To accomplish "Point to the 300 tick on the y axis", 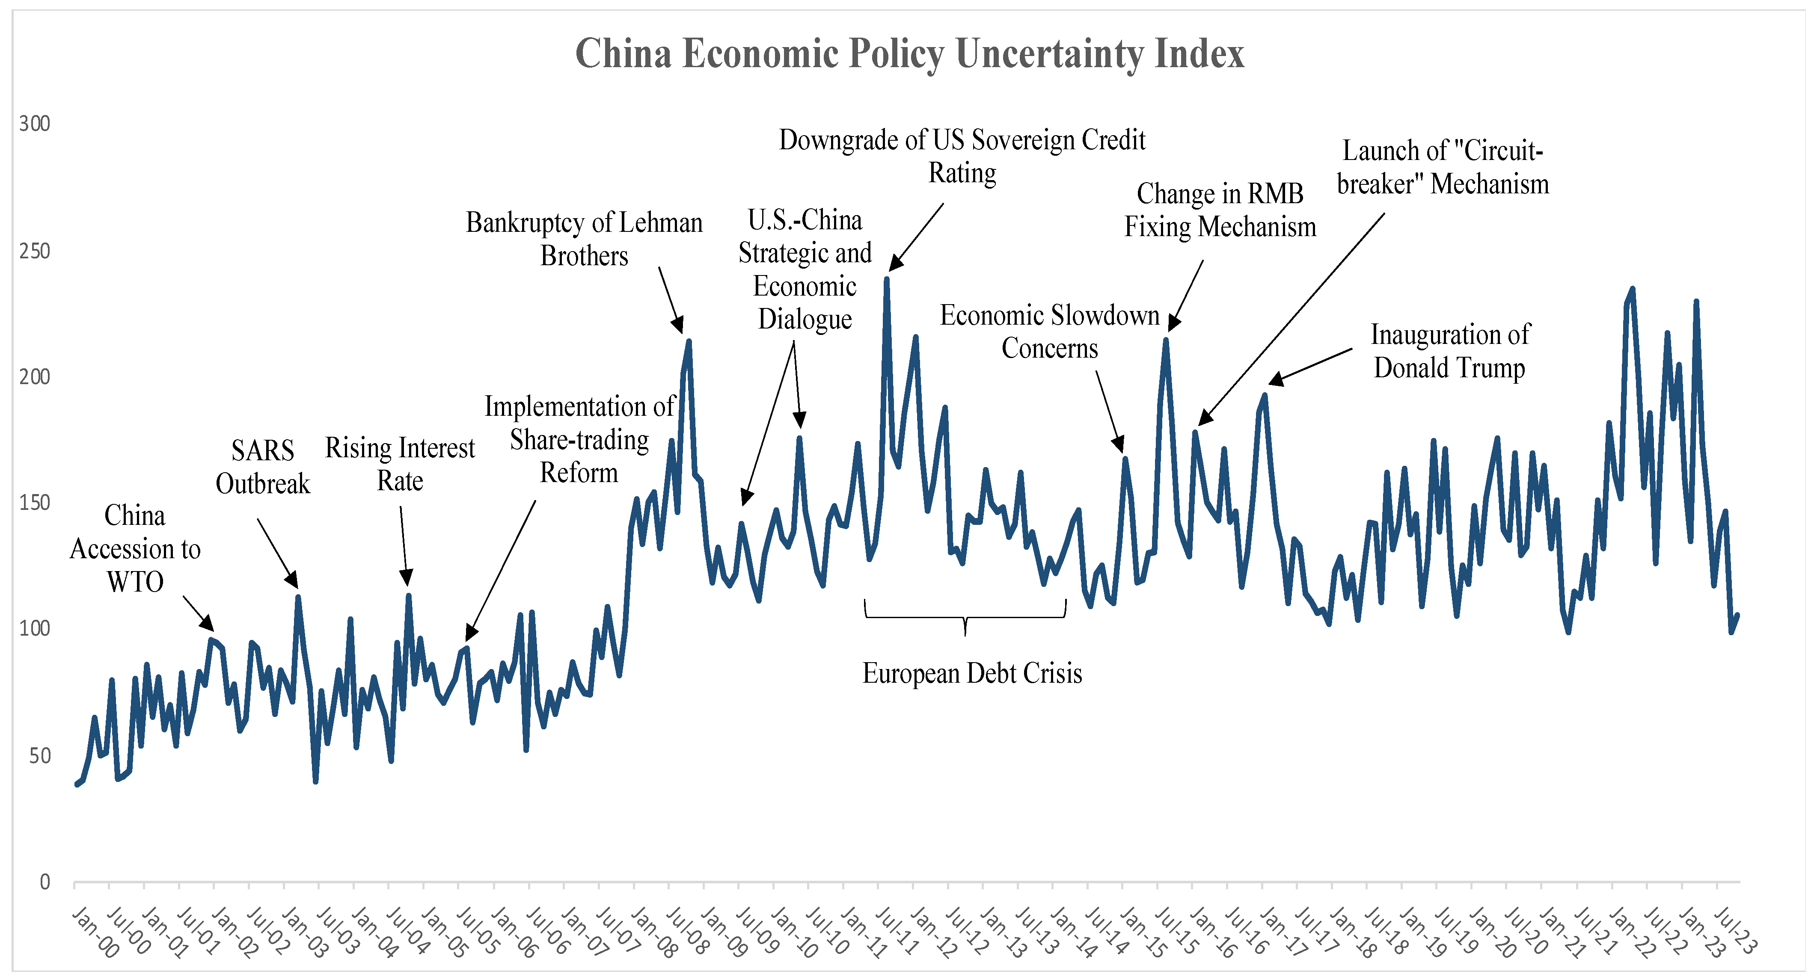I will point(35,124).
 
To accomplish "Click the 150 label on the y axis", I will point(35,503).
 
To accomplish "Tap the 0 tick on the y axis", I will point(45,882).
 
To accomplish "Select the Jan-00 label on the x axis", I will point(95,933).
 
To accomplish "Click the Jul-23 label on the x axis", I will point(1734,930).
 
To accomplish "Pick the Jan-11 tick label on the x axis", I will point(863,933).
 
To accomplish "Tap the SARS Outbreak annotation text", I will point(263,467).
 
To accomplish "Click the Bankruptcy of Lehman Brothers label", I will point(584,239).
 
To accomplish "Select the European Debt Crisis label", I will point(972,674).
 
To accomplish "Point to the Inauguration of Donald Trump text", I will point(1449,351).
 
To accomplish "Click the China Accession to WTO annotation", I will point(135,548).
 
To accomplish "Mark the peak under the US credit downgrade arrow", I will point(887,279).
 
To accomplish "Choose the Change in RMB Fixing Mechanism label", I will point(1220,210).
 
